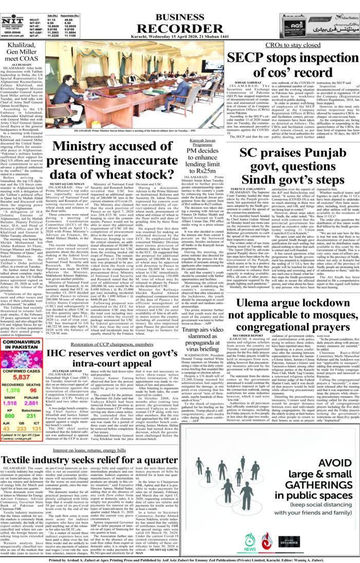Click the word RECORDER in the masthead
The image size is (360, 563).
click(179, 24)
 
